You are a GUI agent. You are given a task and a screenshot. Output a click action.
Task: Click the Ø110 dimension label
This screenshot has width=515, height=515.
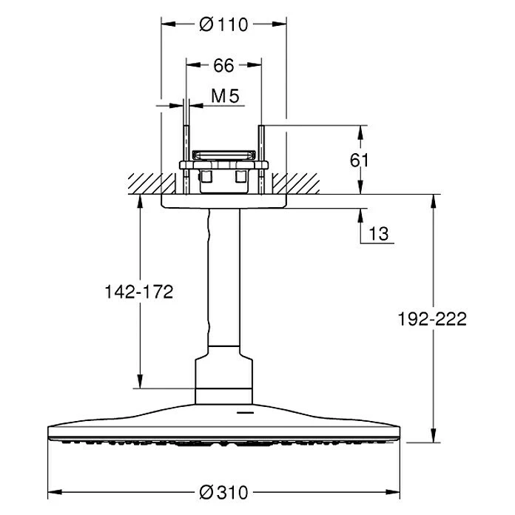click(223, 24)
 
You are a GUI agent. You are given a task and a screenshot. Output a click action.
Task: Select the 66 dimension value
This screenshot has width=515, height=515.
click(223, 66)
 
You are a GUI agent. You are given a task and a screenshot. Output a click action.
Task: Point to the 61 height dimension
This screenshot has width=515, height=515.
click(378, 159)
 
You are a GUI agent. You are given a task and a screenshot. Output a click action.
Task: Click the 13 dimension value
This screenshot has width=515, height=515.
click(377, 234)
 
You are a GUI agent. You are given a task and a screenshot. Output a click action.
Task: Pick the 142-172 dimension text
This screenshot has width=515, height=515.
click(138, 292)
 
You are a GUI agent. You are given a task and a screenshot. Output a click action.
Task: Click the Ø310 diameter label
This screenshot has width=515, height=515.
click(224, 491)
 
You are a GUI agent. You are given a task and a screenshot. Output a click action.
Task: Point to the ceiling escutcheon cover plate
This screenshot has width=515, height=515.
click(223, 201)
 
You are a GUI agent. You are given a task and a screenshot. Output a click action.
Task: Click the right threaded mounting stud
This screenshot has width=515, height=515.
click(261, 159)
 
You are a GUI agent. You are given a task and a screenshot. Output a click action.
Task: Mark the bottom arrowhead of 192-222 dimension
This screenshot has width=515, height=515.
click(434, 437)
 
